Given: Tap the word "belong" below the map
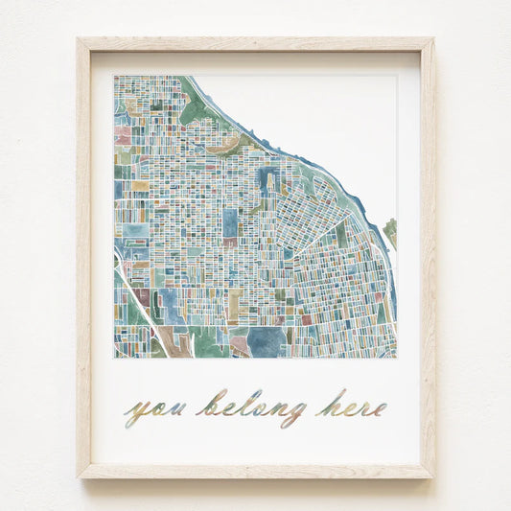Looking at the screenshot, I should tap(252, 407).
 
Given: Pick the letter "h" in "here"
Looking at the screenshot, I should tap(325, 404).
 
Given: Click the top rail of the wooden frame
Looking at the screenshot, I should tap(255, 44).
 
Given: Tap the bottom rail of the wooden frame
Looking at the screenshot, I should tap(255, 471).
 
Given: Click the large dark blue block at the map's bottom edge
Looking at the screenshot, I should tap(267, 341).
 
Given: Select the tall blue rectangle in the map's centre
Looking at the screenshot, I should tap(231, 223).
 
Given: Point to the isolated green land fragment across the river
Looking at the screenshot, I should tap(390, 231).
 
